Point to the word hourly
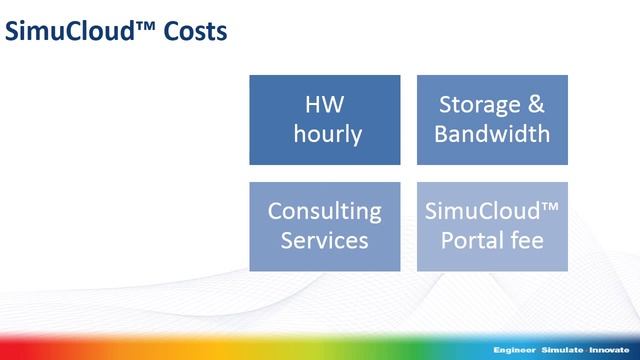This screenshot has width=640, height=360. [327, 133]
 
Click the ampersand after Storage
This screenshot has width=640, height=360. [539, 105]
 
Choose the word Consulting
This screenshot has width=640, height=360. [324, 212]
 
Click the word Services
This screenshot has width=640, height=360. [324, 240]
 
